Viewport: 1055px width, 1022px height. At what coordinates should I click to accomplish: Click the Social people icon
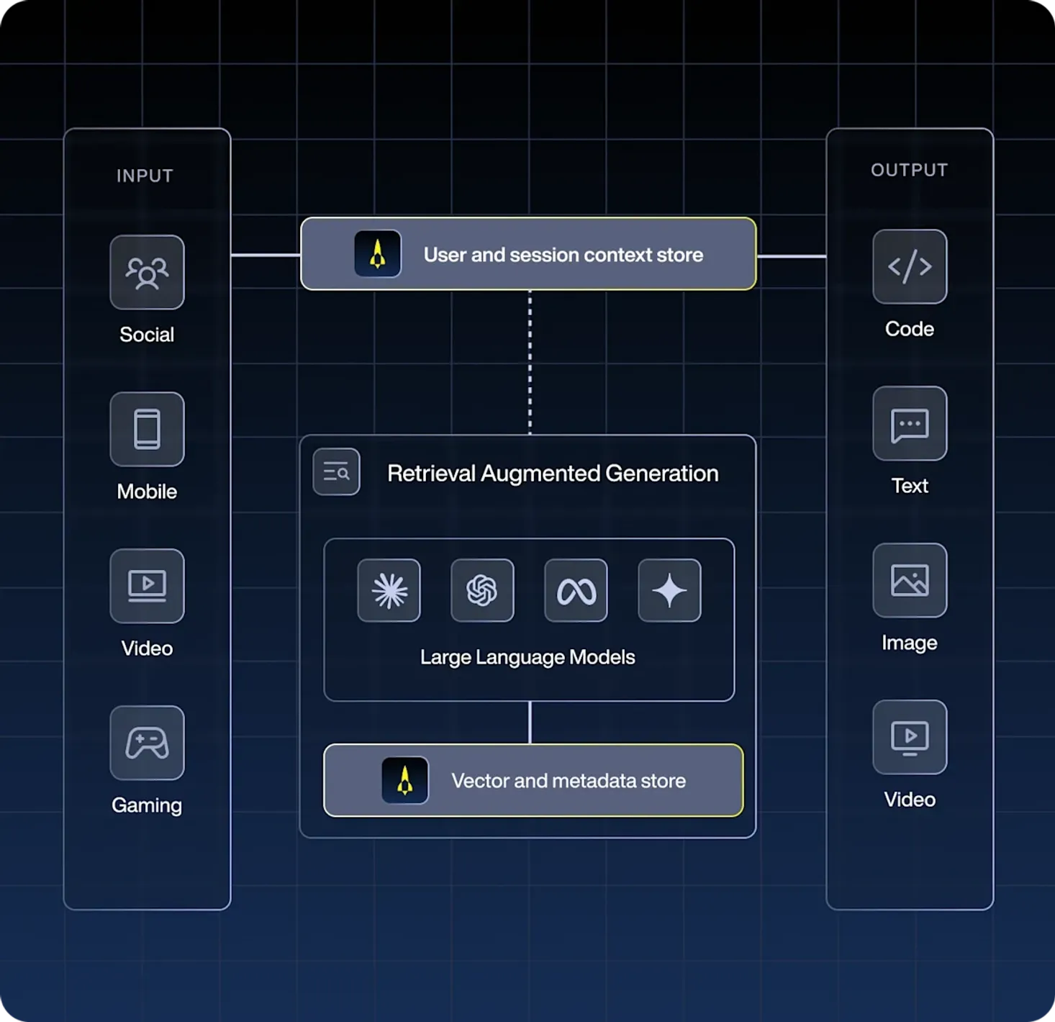[147, 272]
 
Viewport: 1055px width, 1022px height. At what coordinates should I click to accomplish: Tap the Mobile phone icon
[147, 429]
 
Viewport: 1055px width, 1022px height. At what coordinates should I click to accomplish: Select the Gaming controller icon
[147, 743]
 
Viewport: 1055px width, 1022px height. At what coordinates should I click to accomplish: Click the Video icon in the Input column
[147, 586]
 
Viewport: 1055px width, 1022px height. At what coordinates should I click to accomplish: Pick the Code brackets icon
[910, 266]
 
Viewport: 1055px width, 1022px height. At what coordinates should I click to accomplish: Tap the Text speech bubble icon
[910, 423]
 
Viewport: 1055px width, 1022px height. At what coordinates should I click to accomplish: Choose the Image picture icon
[910, 580]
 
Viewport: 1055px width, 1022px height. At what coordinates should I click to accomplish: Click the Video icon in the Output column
[910, 737]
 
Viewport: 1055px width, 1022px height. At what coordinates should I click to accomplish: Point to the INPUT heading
[145, 176]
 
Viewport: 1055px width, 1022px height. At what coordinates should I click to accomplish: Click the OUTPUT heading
[910, 170]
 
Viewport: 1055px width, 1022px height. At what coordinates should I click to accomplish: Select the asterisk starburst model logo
[389, 590]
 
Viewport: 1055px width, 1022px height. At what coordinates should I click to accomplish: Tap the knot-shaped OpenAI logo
[482, 590]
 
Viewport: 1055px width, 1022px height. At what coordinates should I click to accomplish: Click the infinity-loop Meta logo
[576, 590]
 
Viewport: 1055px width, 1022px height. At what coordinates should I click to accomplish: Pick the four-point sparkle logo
[669, 590]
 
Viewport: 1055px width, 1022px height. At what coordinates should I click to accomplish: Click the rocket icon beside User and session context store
[378, 254]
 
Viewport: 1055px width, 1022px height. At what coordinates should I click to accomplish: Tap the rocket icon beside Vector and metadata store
[405, 780]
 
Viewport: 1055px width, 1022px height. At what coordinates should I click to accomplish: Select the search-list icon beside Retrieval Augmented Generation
[336, 472]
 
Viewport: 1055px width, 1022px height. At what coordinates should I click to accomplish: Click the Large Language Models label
[527, 657]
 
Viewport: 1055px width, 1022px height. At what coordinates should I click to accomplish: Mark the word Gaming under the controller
[147, 805]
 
